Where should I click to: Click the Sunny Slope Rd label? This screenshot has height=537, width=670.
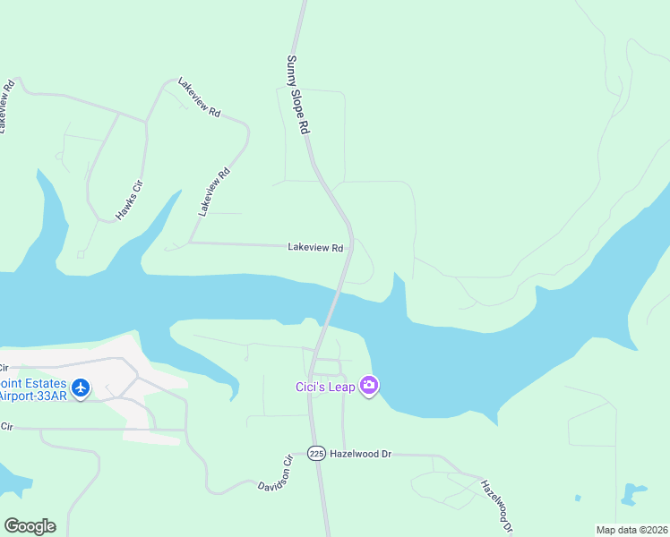coord(297,95)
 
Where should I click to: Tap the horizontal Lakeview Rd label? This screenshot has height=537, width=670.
coord(315,248)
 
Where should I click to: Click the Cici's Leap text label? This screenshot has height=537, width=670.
coord(325,387)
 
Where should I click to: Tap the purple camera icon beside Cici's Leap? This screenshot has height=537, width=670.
coord(369,386)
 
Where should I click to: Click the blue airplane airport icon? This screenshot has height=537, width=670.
coord(82,388)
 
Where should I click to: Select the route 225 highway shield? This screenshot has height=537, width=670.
coord(315,454)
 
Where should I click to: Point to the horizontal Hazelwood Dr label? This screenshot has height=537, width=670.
coord(361,454)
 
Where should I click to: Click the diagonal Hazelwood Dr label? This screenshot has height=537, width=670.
coord(494,505)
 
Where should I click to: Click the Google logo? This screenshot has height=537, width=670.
coord(30,526)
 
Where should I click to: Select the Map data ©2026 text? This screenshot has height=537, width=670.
coord(631,530)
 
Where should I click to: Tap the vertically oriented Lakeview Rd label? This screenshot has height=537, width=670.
coord(215,192)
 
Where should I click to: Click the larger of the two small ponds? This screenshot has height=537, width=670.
coord(633,492)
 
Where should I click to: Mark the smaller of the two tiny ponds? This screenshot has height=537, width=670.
coord(578,498)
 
